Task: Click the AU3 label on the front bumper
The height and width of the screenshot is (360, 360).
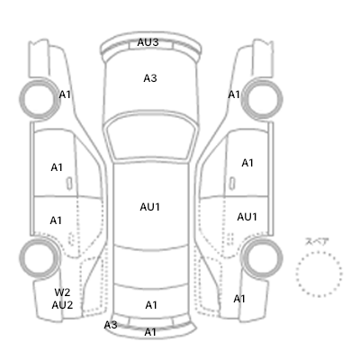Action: click(148, 42)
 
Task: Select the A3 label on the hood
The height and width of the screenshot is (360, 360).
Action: click(150, 78)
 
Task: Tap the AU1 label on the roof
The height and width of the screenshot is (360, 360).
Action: click(149, 207)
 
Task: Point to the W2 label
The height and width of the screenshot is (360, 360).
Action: click(62, 292)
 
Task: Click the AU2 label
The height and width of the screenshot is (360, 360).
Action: click(62, 305)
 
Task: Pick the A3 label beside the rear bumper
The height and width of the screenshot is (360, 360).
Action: click(111, 325)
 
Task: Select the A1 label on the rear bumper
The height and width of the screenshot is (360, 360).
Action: click(150, 332)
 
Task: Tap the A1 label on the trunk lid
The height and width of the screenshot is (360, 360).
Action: click(151, 305)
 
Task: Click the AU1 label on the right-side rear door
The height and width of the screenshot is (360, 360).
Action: click(247, 217)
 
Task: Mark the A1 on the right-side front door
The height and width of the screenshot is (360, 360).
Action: click(247, 163)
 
